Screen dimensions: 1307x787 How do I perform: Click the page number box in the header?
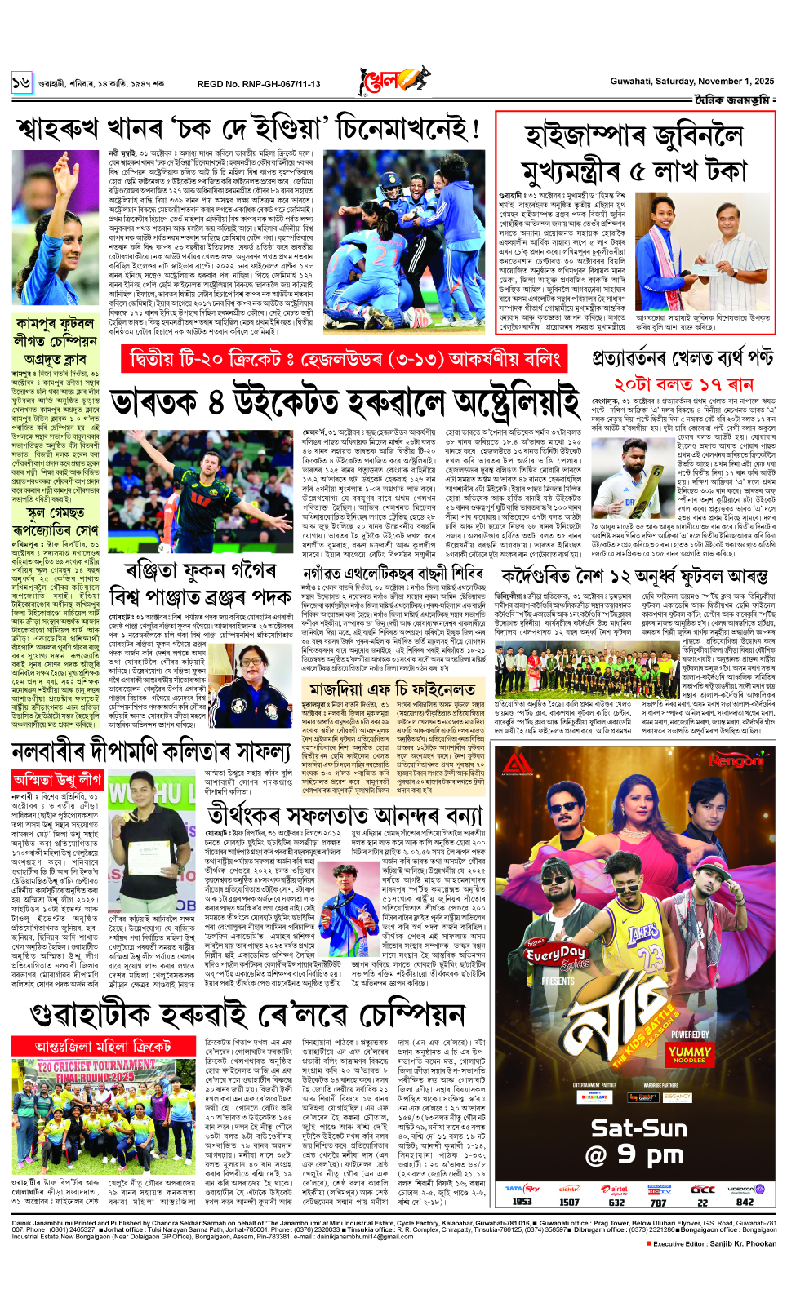coord(21,82)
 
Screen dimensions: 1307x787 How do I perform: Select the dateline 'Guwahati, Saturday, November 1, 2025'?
coord(691,81)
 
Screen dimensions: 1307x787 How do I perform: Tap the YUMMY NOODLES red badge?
coord(689,1054)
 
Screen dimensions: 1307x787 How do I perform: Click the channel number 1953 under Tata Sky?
coord(522,1201)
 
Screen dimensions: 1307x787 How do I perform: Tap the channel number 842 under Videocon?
coord(745,1201)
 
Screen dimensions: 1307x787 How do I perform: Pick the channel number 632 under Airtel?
coord(616,1201)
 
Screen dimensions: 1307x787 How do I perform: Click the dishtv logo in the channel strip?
coord(569,1189)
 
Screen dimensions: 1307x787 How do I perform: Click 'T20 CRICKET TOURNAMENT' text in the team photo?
coord(96,1066)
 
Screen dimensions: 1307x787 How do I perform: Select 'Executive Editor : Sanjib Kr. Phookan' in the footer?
coord(714,1243)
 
